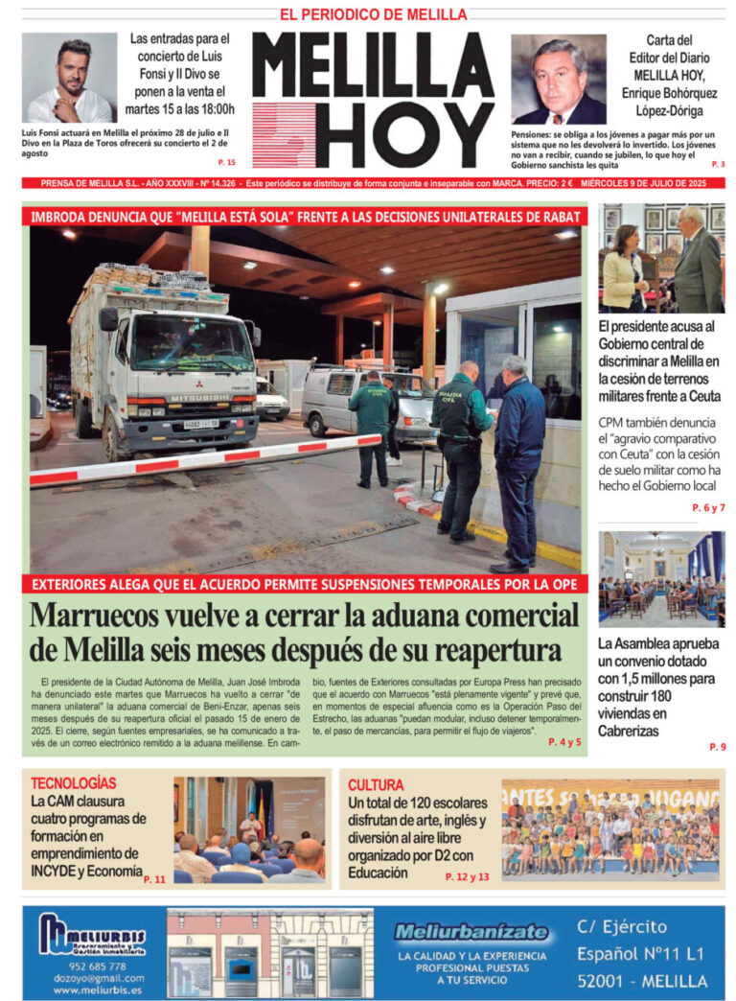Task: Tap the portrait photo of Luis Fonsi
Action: [69, 78]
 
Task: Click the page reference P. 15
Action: [226, 162]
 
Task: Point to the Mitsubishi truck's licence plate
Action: [201, 423]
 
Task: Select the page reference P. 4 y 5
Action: [564, 741]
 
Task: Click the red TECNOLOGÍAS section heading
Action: [74, 782]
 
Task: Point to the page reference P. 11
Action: [154, 878]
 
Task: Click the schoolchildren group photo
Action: [610, 830]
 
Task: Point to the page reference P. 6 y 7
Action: [708, 508]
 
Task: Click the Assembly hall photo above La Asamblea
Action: [661, 580]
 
